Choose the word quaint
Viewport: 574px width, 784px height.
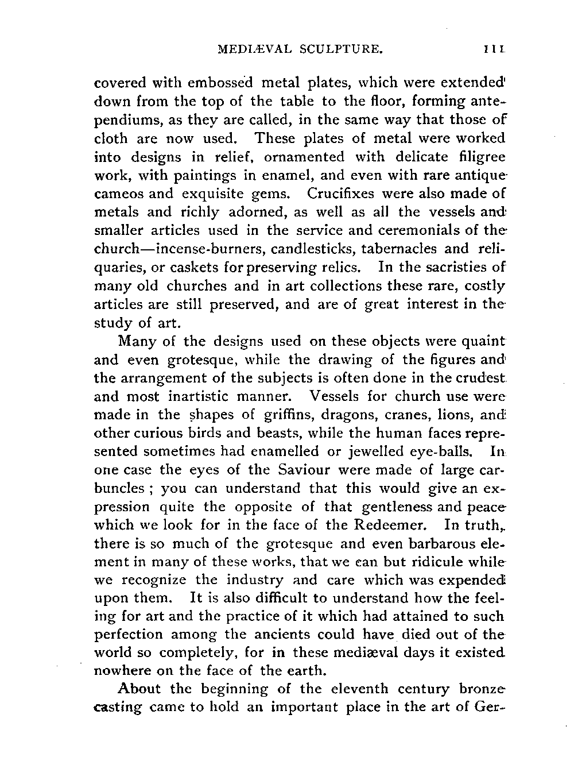pyautogui.click(x=486, y=341)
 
